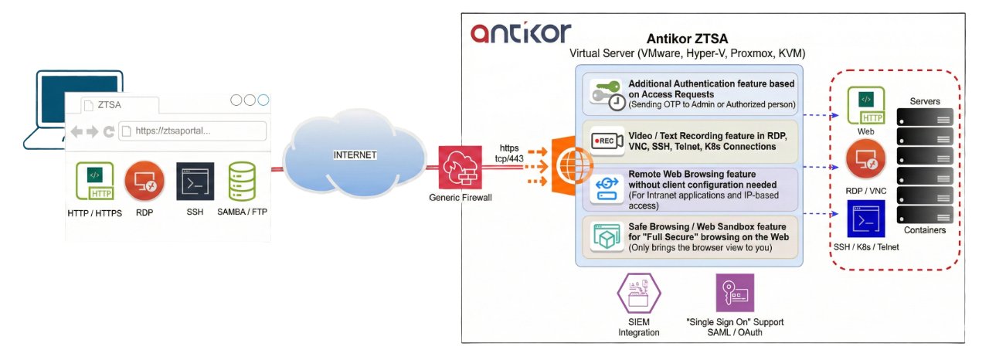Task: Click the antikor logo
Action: (x=521, y=32)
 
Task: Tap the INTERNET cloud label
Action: (x=355, y=155)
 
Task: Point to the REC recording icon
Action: (x=607, y=141)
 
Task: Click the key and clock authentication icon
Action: (x=607, y=93)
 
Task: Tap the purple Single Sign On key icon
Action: (x=734, y=293)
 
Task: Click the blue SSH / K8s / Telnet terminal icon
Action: (x=865, y=219)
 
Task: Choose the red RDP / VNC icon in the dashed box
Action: (x=865, y=161)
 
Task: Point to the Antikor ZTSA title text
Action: (x=687, y=39)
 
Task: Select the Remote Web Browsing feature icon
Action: (x=607, y=188)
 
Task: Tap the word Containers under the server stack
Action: (x=924, y=230)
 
